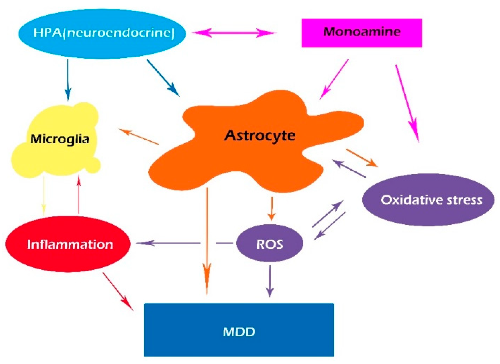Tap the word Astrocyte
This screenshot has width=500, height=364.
point(259,135)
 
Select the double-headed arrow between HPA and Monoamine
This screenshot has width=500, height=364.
point(234,33)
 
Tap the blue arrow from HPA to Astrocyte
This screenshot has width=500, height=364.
point(163,78)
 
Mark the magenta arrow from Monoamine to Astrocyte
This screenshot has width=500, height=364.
point(334,79)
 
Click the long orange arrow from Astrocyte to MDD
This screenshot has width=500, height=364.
point(207,240)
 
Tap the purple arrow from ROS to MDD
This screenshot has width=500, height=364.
point(270,280)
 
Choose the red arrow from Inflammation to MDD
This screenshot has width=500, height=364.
point(118,291)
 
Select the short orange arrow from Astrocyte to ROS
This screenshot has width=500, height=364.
point(271,208)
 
